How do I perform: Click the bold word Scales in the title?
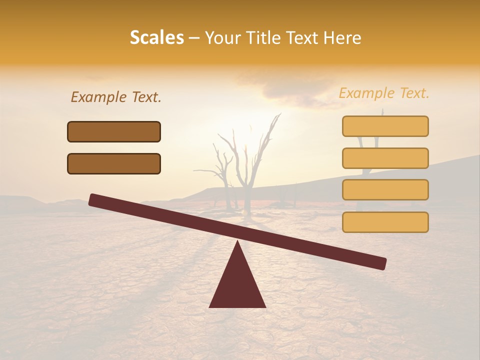(156, 37)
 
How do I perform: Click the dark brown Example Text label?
(116, 97)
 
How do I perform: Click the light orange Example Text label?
(384, 93)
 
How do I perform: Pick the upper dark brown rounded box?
(114, 131)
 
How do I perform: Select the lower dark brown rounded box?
(114, 163)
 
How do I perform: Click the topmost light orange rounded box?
(385, 126)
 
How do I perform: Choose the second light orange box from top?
(385, 158)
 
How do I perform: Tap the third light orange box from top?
(385, 190)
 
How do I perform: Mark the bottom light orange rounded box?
(385, 222)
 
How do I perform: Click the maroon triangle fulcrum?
(237, 285)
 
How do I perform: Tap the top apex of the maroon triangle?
(237, 242)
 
